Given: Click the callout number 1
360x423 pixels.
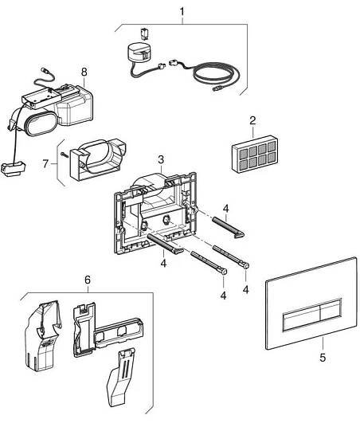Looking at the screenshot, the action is [x=182, y=12].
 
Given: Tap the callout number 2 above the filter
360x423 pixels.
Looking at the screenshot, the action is [x=252, y=120].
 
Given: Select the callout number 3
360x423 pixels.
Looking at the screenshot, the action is [x=161, y=159].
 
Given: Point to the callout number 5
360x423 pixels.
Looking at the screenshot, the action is [x=323, y=358].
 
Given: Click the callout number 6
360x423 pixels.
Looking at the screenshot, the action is [x=88, y=280].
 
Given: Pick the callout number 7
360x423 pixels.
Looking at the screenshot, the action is [x=45, y=164].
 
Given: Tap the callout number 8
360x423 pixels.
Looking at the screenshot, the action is [x=84, y=72].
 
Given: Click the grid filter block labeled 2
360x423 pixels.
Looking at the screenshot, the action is [x=255, y=154].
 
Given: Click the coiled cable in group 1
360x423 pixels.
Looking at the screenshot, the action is [x=217, y=73].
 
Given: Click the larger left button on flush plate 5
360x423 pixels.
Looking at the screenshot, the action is [x=302, y=319].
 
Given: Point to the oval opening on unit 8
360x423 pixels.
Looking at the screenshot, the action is [x=41, y=123].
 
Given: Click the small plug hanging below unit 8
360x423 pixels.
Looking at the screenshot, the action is [x=14, y=169].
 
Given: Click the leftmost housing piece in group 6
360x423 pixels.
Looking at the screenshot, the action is [x=42, y=335].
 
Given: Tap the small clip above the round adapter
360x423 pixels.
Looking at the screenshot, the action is [x=144, y=34].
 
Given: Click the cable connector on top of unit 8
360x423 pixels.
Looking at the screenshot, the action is [x=45, y=71].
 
